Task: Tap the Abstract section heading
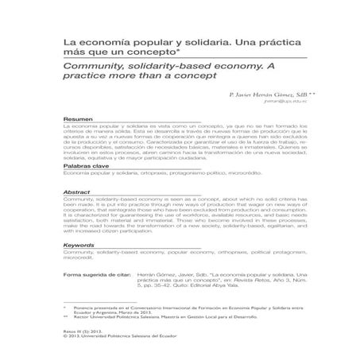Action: (x=75, y=192)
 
